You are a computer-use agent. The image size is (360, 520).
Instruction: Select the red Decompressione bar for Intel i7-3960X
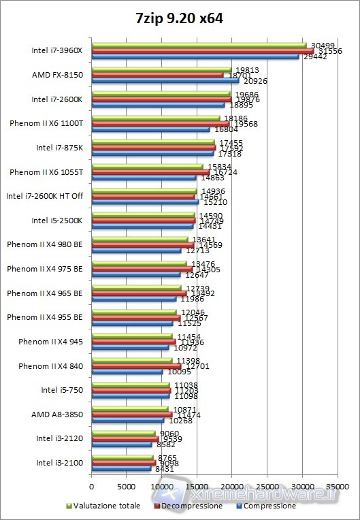click(x=202, y=51)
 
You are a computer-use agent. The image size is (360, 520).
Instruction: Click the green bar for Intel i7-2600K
click(x=161, y=94)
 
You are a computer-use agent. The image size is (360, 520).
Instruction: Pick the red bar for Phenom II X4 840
click(x=135, y=366)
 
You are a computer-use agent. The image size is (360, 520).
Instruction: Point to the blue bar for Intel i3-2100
click(x=121, y=468)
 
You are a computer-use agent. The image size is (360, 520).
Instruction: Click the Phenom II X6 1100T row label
click(x=46, y=123)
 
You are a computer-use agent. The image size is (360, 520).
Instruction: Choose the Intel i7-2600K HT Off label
click(x=44, y=196)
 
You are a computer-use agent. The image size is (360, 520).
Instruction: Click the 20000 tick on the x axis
click(x=231, y=487)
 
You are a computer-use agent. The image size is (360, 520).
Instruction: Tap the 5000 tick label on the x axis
click(x=126, y=487)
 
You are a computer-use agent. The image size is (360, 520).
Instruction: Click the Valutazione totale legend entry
click(x=105, y=506)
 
